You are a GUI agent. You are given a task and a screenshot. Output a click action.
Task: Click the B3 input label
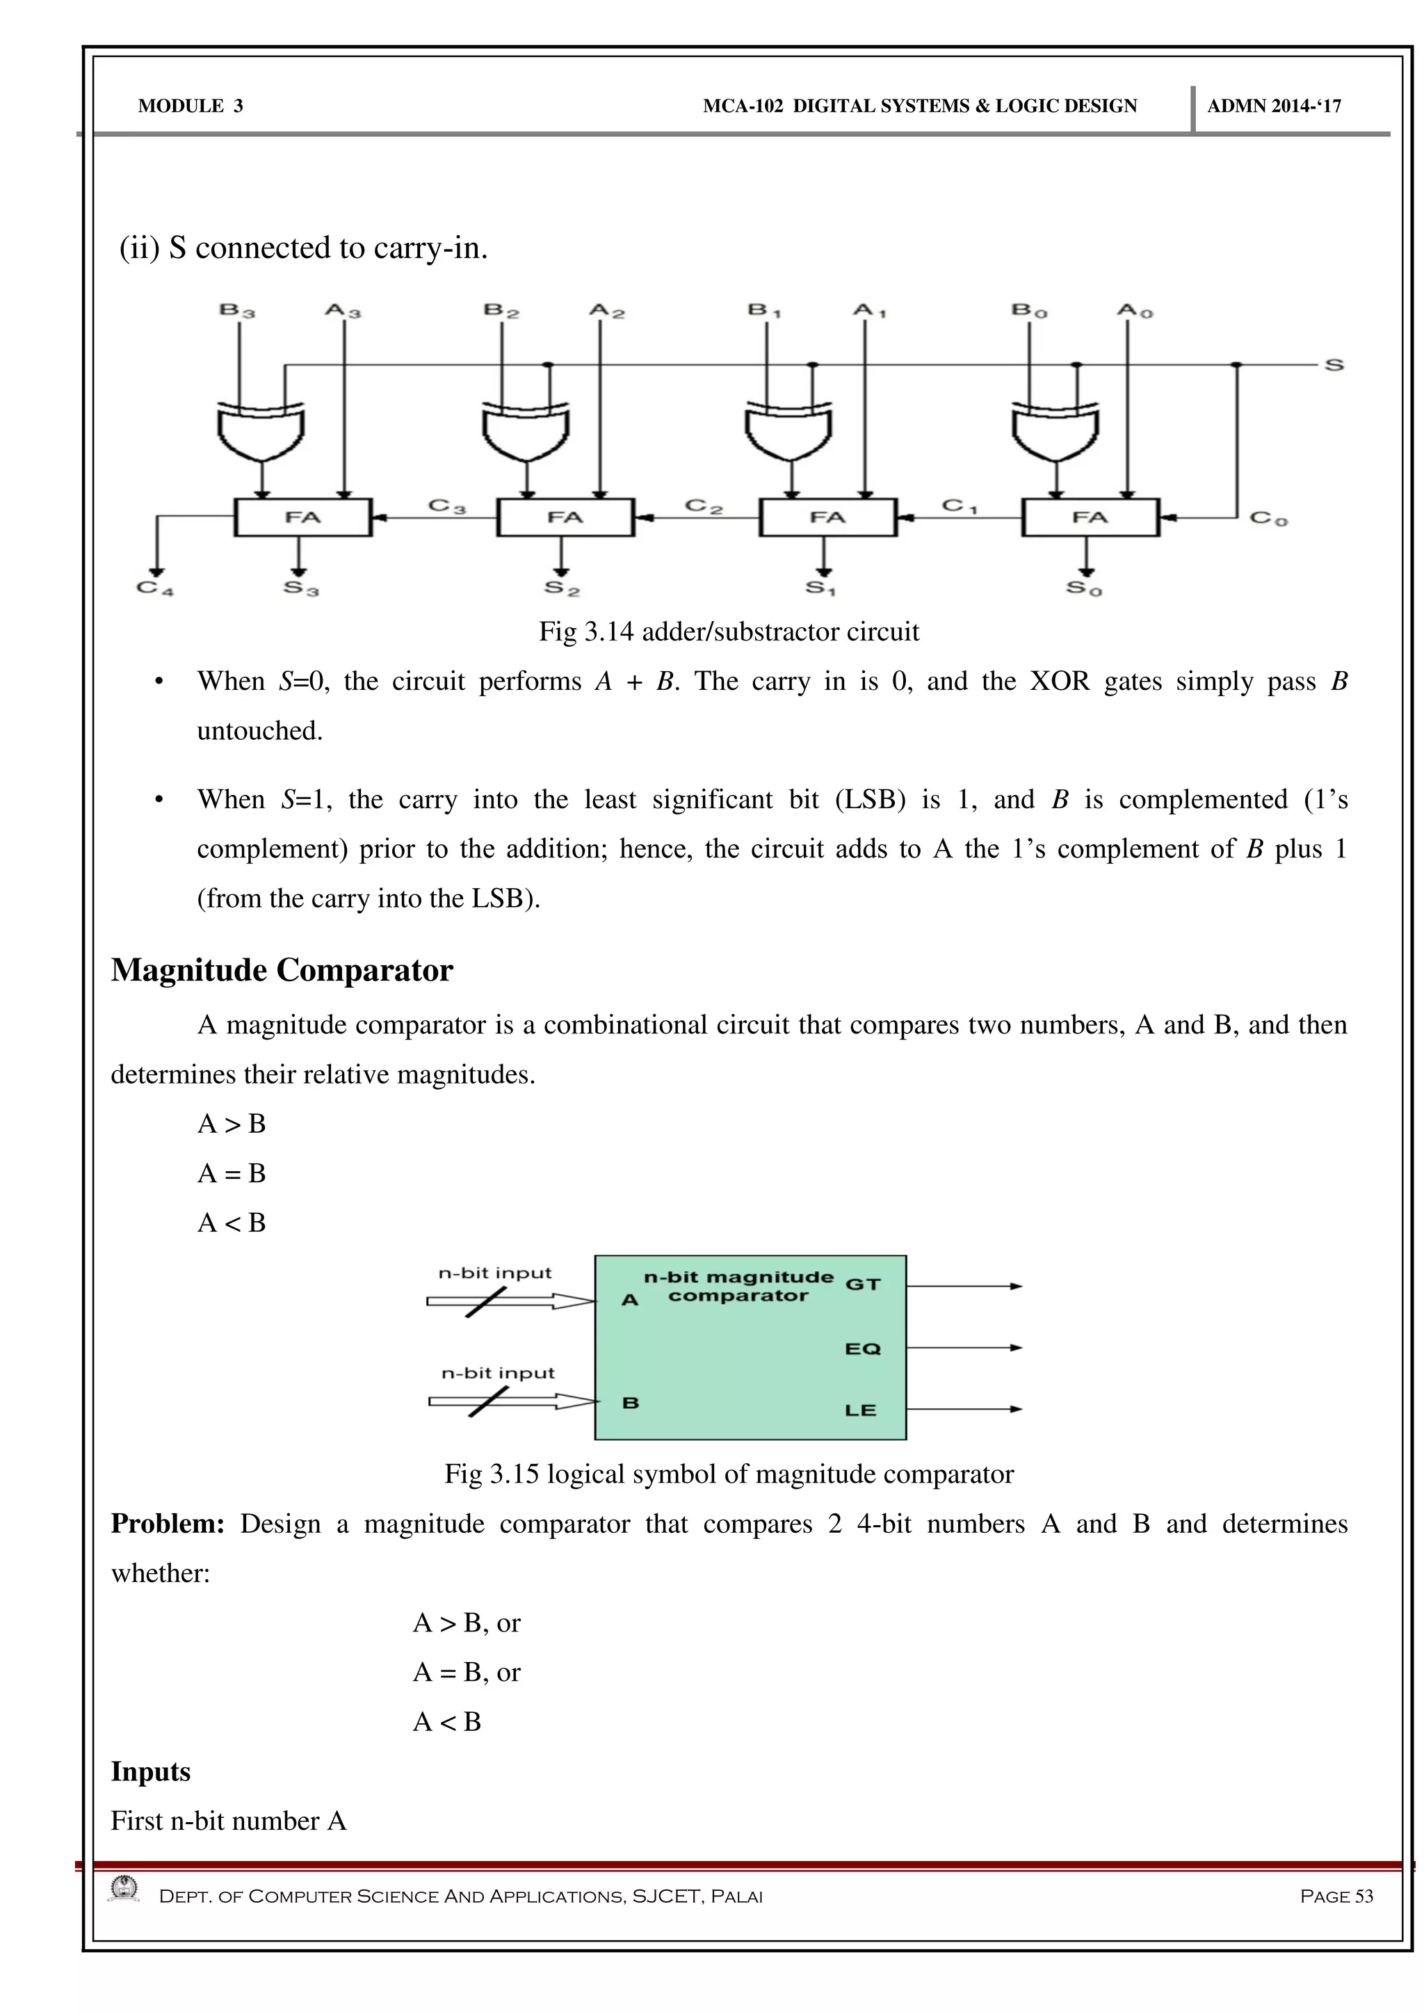pyautogui.click(x=236, y=311)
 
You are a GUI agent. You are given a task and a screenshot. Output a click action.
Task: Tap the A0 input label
pyautogui.click(x=1135, y=311)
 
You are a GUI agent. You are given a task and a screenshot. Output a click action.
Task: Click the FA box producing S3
pyautogui.click(x=302, y=517)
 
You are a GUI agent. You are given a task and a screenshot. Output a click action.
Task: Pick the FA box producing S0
pyautogui.click(x=1090, y=517)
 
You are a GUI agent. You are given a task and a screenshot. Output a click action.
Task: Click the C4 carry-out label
pyautogui.click(x=155, y=588)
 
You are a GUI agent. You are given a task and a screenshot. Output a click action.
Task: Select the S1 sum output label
pyautogui.click(x=820, y=588)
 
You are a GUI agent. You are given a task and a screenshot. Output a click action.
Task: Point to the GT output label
pyautogui.click(x=862, y=1284)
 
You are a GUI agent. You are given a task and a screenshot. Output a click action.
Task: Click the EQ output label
pyautogui.click(x=862, y=1348)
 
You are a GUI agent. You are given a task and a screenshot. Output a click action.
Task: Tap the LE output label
pyautogui.click(x=860, y=1410)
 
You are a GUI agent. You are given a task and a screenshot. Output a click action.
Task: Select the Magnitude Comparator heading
pyautogui.click(x=282, y=970)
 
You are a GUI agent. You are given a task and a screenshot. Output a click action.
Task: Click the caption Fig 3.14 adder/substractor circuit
pyautogui.click(x=729, y=631)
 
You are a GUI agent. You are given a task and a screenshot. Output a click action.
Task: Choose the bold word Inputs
pyautogui.click(x=150, y=1771)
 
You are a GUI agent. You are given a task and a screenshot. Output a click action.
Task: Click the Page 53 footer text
pyautogui.click(x=1336, y=1896)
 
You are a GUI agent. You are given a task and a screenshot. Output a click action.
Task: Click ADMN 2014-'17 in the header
pyautogui.click(x=1273, y=106)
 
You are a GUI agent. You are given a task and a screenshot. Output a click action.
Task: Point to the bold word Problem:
pyautogui.click(x=168, y=1524)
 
